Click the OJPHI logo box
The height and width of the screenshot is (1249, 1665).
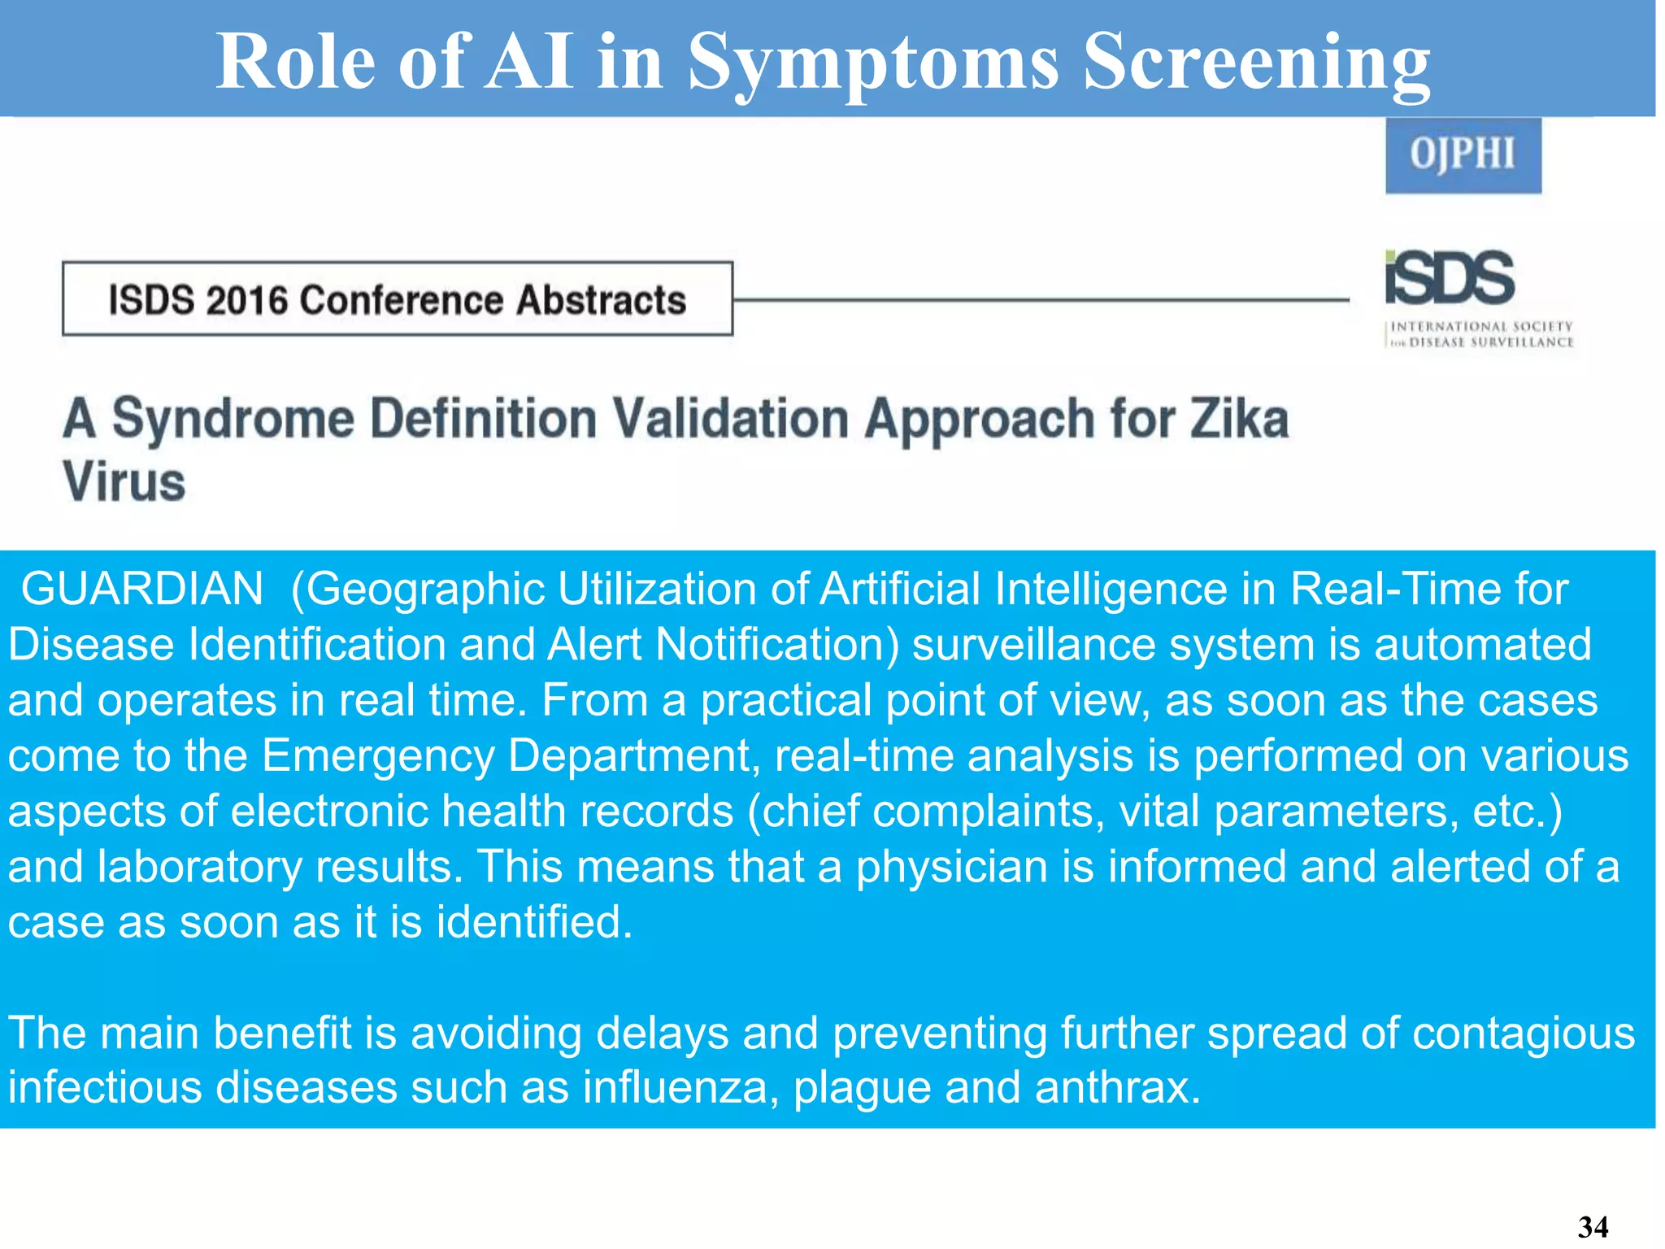click(x=1463, y=154)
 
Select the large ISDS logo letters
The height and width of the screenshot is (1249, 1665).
click(x=1450, y=278)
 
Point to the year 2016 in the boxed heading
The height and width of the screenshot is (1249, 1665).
click(x=247, y=300)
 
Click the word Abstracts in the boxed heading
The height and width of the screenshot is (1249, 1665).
click(x=601, y=300)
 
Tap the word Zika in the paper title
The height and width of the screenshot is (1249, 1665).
click(x=1239, y=420)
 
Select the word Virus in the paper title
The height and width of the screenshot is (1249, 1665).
click(x=124, y=481)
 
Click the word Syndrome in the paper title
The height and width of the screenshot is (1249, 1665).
click(x=233, y=420)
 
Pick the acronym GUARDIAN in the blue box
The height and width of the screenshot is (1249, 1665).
click(x=142, y=589)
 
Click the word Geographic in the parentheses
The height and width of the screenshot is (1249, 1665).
click(x=423, y=589)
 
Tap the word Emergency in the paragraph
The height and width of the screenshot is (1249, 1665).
click(x=377, y=755)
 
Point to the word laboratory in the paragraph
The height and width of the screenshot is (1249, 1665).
click(x=199, y=867)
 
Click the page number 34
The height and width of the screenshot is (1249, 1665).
click(x=1593, y=1227)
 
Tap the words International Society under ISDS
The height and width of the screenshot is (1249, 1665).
click(x=1481, y=327)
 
